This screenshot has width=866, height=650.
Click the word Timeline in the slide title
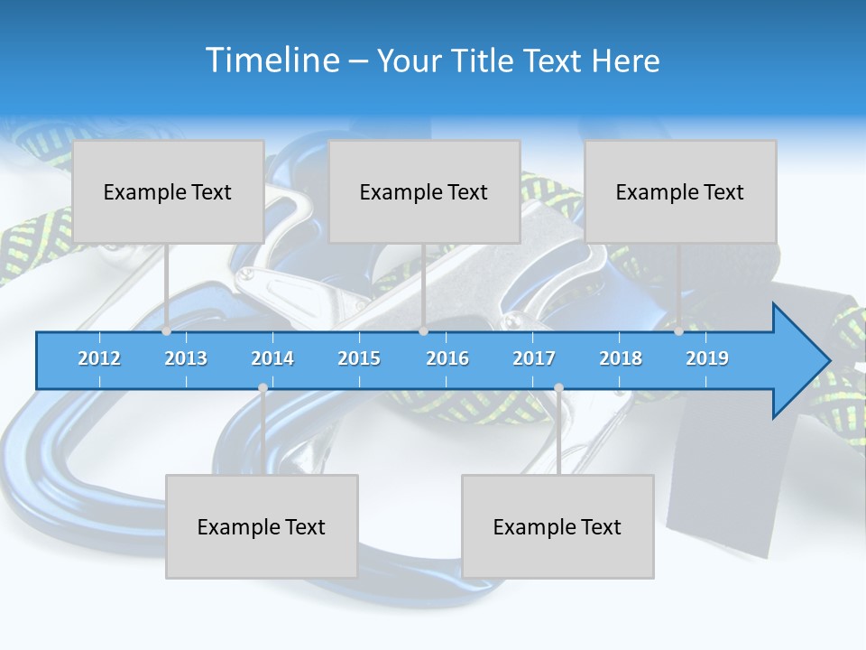coord(272,60)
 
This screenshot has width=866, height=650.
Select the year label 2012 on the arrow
coord(99,358)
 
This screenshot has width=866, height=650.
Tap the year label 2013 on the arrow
coord(186,358)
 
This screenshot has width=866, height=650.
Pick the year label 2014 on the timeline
coord(272,358)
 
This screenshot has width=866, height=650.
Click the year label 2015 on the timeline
coord(359,358)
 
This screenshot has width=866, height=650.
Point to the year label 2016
coord(447,358)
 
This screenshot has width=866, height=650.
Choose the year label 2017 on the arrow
coord(534,358)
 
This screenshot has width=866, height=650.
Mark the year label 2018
coord(621,358)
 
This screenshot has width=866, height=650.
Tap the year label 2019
coord(707,358)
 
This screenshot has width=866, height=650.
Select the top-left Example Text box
coord(168,191)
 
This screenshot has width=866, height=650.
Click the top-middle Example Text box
coord(424,191)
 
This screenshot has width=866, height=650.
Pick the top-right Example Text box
coord(680,191)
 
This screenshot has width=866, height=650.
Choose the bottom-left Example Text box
coord(262,526)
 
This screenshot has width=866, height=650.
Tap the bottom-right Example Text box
coord(557,526)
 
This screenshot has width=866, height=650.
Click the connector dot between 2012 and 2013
coord(166,331)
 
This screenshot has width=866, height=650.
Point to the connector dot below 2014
coord(263,387)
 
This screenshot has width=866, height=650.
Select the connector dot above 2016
coord(423,331)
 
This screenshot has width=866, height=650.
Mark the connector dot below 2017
coord(558,387)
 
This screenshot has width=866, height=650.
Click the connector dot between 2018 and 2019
coord(678,331)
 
